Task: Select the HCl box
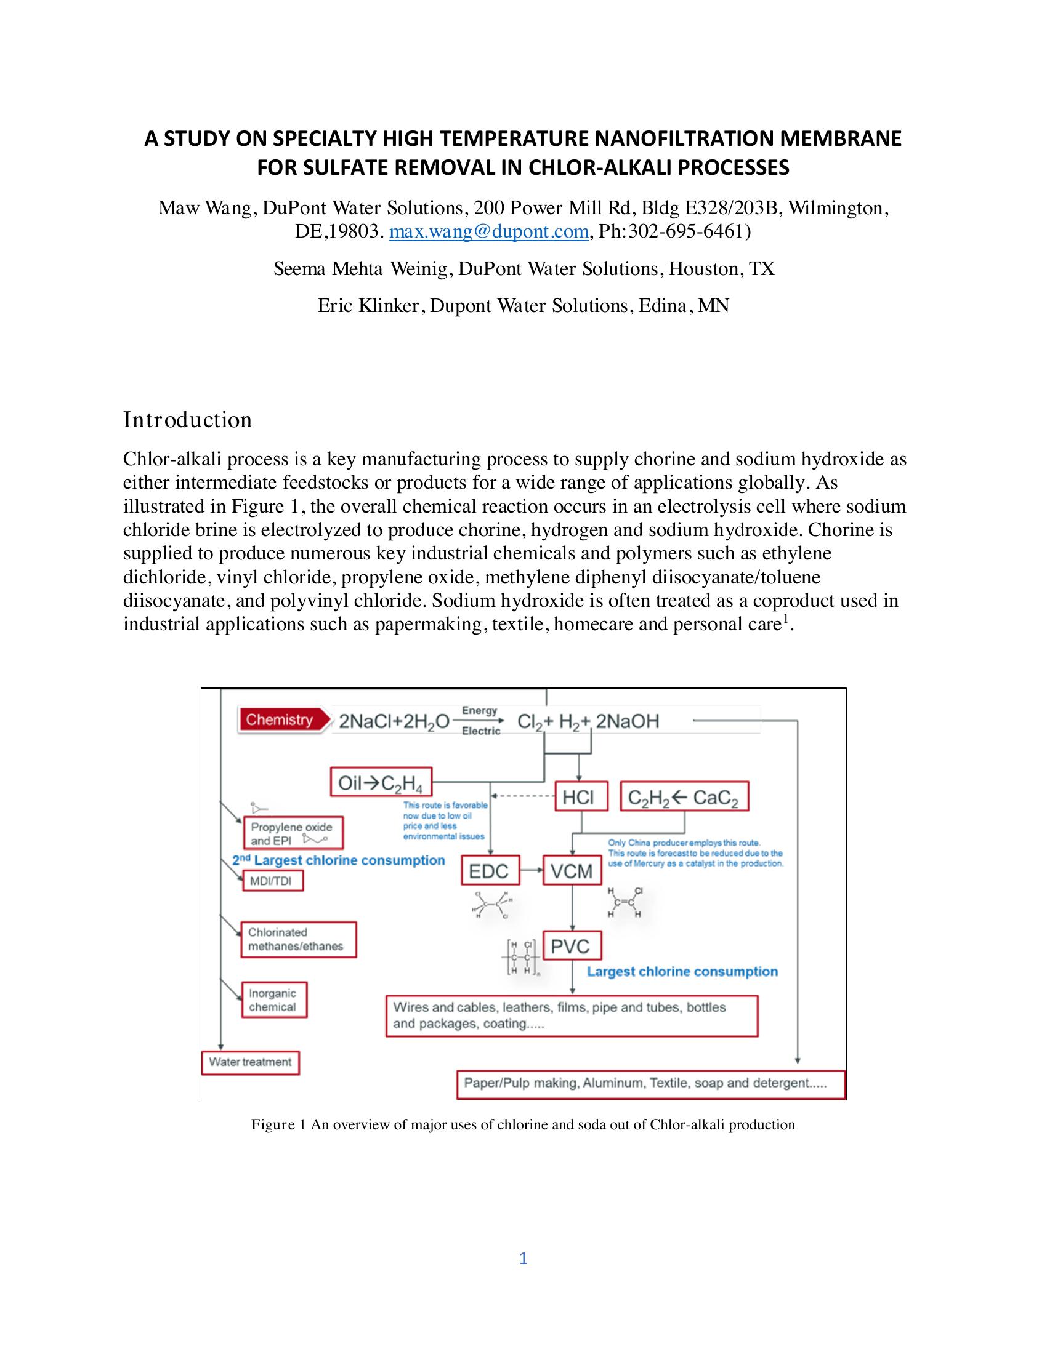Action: point(578,797)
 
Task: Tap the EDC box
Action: point(489,871)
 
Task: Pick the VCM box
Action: point(572,871)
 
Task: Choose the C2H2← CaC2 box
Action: point(684,797)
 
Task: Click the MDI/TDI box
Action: point(272,881)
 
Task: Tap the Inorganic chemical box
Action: point(273,1000)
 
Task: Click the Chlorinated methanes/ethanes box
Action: point(298,939)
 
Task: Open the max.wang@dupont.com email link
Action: point(489,231)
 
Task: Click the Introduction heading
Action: point(187,420)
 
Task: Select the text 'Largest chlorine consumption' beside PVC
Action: point(682,971)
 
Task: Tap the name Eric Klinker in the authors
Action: point(368,306)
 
